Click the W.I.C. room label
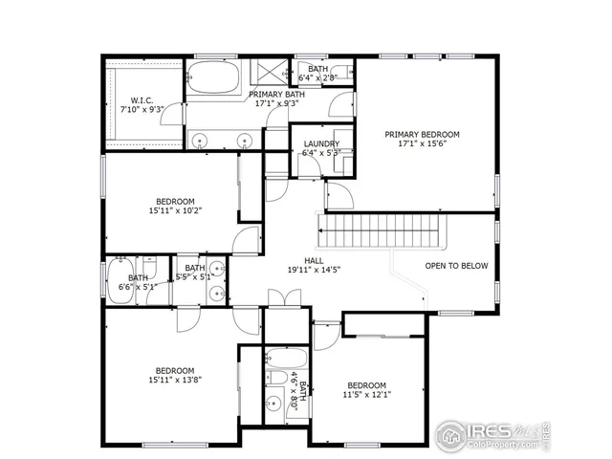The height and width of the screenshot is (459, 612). tap(142, 100)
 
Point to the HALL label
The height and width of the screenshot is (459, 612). tap(314, 260)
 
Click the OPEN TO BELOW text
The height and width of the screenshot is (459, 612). tap(457, 266)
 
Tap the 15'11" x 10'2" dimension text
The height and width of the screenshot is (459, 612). tap(175, 210)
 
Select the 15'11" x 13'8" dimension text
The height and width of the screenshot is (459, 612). tap(175, 380)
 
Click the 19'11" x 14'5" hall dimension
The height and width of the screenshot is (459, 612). tap(314, 271)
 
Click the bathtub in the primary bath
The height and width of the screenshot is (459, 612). tap(216, 78)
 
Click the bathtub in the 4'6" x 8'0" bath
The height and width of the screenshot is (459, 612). tap(283, 363)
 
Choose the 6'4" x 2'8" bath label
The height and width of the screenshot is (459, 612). tap(318, 75)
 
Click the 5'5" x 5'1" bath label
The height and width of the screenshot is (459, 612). tap(195, 273)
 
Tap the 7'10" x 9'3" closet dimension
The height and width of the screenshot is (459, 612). tap(142, 110)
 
